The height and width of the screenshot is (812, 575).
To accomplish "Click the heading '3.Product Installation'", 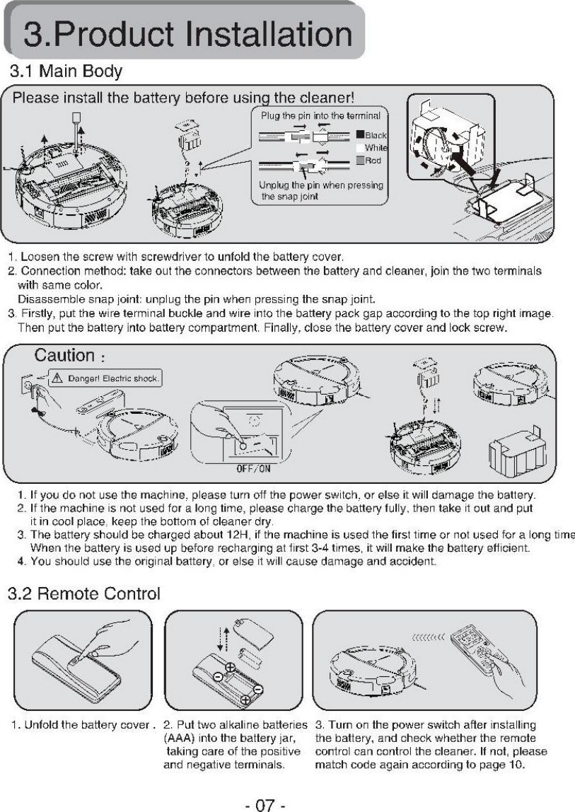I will [187, 35].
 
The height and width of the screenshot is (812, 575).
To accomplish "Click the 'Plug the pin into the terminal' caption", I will [321, 115].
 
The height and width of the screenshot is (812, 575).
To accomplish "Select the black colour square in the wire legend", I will [359, 134].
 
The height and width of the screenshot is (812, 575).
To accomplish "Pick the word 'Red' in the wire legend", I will [373, 161].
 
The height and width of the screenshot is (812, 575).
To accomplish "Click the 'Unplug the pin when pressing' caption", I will [321, 185].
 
